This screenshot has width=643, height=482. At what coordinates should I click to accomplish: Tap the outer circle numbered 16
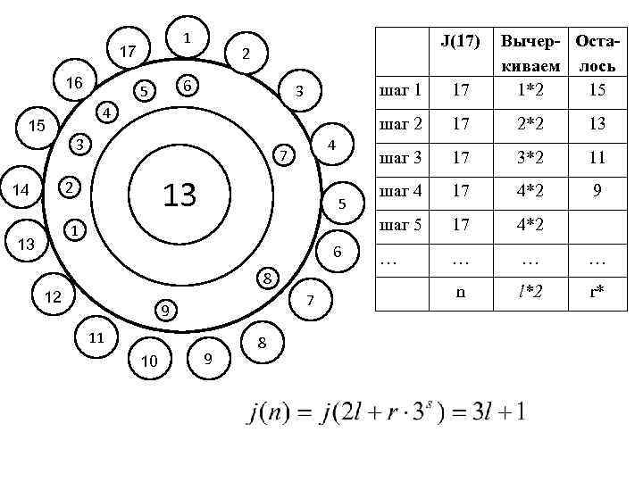(x=74, y=83)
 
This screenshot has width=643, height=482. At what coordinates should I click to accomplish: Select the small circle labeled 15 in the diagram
(x=37, y=126)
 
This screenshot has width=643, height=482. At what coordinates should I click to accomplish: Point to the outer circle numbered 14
(x=20, y=188)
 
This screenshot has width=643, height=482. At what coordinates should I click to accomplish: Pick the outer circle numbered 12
(x=53, y=296)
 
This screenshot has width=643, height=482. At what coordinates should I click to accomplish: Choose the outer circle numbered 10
(x=149, y=360)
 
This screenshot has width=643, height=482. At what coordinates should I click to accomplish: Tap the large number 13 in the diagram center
(x=180, y=194)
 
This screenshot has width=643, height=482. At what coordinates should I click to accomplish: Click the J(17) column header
(x=461, y=40)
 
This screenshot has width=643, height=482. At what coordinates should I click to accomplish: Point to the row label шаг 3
(x=401, y=159)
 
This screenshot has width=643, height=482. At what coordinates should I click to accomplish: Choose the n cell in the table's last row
(x=461, y=291)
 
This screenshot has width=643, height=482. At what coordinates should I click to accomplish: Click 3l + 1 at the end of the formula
(x=501, y=413)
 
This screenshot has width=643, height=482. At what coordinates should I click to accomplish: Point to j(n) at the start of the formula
(x=268, y=414)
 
